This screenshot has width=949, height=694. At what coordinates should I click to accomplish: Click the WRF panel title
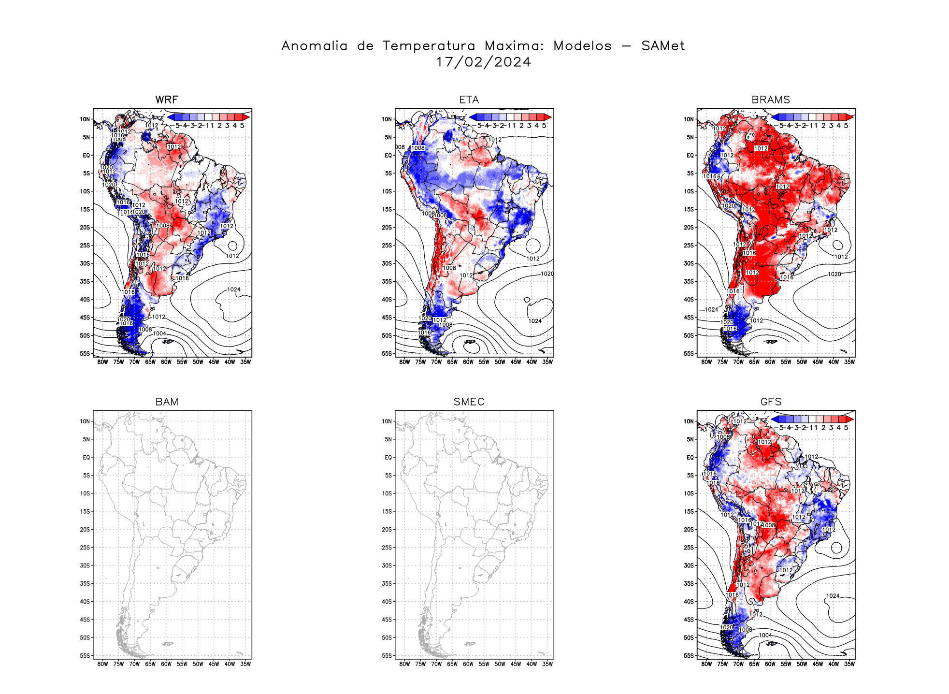coord(167,100)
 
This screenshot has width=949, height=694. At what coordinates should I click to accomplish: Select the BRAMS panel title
coord(771,100)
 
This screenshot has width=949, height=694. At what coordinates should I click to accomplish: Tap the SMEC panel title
coord(469,402)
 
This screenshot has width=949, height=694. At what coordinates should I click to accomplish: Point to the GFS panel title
coord(771,402)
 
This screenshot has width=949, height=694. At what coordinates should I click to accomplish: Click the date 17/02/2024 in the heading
coord(483,62)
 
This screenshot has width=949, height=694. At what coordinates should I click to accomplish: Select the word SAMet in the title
coord(663,46)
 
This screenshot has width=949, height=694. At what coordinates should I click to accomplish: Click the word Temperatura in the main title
coord(429,46)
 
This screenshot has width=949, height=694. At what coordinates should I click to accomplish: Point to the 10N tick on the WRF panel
coord(85,119)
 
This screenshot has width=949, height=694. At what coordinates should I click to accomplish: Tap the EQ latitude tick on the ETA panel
coord(388,156)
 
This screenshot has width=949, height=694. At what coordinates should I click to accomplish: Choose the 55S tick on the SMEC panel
coord(387,656)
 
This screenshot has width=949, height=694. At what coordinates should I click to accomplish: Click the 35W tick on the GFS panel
coord(849,664)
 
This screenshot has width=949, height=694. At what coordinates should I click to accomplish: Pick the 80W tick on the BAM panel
coord(102,664)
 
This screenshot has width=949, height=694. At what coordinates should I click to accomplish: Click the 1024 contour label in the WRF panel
coord(234,290)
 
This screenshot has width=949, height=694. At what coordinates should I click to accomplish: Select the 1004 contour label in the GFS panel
coord(765,636)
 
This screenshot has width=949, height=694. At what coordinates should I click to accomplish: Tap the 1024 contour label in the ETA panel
coord(535,321)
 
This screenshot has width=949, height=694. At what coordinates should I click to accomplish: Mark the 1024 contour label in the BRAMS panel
coord(711,310)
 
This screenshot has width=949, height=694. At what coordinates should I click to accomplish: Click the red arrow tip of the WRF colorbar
coord(246,117)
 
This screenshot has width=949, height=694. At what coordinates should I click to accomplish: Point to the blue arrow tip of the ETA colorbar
coord(473,117)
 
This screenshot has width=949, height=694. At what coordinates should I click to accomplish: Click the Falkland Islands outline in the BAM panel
coord(168,644)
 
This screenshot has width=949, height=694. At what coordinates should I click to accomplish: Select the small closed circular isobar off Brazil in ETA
coord(533,246)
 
